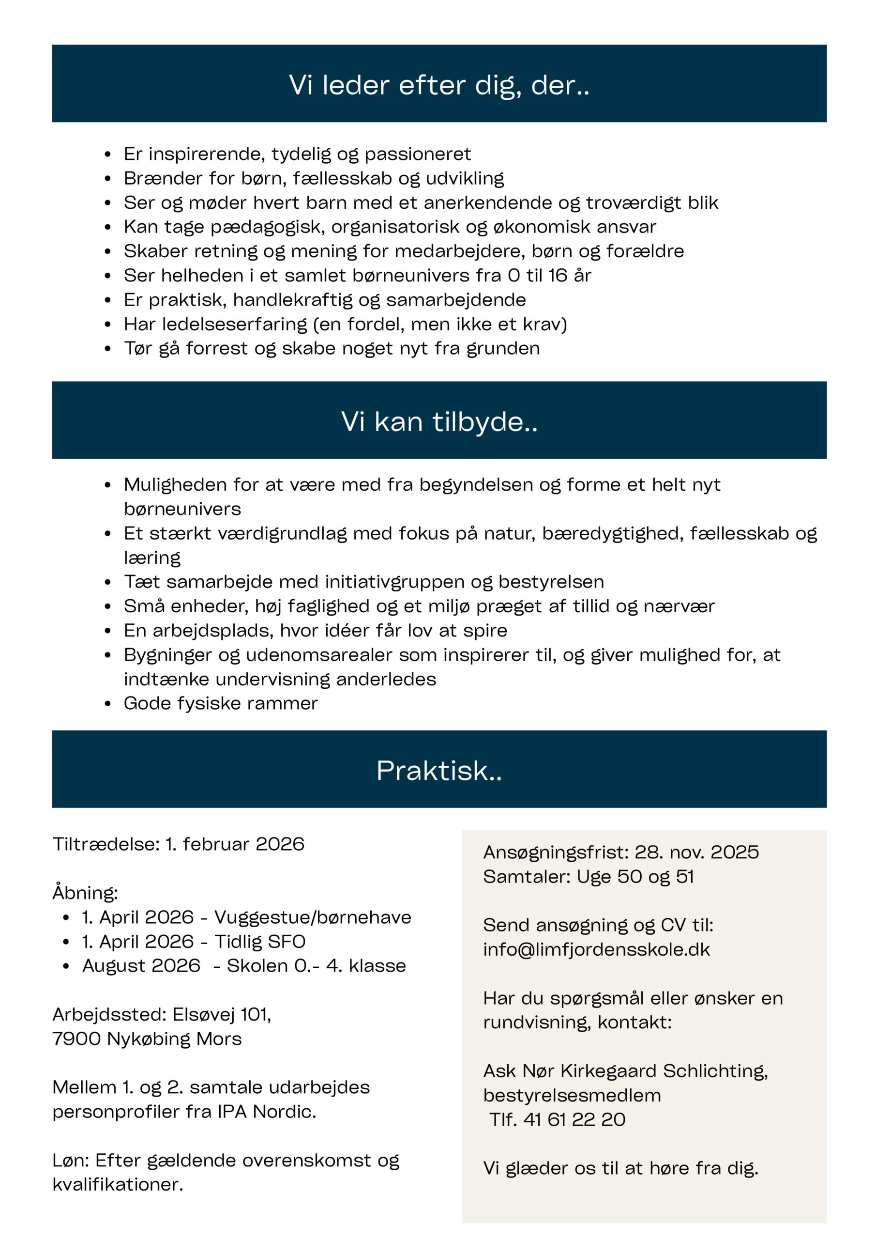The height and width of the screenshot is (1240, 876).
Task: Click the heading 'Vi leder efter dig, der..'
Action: coord(438,85)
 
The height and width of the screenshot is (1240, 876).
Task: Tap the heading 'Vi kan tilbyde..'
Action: coord(438,421)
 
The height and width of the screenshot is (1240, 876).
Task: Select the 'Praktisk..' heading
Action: coord(438,770)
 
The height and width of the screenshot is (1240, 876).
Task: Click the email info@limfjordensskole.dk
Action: coord(596,949)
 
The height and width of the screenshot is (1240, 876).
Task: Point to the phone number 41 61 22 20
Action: coord(574,1119)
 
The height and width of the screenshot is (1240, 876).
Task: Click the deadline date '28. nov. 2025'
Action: coord(696,852)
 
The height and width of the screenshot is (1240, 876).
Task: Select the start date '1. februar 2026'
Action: coord(235,844)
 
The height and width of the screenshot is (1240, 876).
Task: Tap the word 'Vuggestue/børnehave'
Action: coord(313,917)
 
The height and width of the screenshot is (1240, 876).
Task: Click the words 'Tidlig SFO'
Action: coord(259,941)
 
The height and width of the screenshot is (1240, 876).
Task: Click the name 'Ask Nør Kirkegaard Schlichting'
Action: coord(624,1071)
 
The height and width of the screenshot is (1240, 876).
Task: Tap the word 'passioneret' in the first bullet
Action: coord(417,154)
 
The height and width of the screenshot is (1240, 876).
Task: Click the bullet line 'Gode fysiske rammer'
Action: coord(220,703)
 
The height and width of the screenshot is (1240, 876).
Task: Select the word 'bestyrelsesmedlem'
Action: coord(572,1095)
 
